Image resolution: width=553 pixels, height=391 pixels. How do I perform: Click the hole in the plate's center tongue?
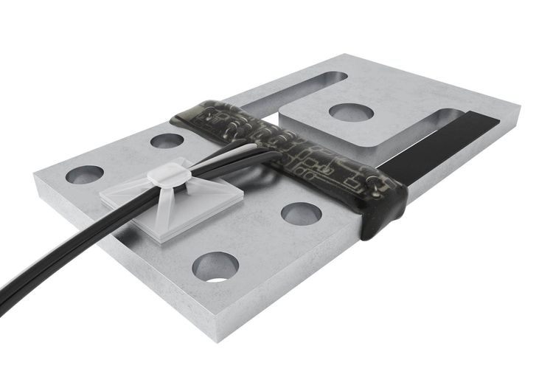(x=351, y=112)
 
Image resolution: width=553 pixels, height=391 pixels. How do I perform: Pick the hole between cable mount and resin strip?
(x=301, y=213)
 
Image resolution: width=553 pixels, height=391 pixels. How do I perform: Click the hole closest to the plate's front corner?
(x=215, y=266)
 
